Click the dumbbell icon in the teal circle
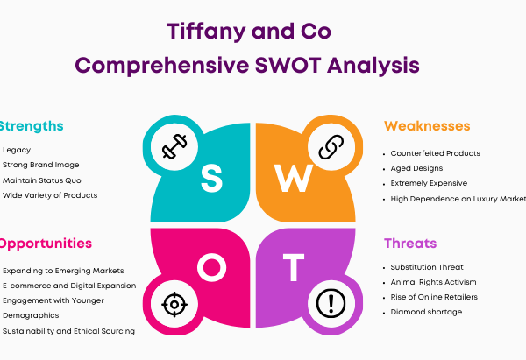174,146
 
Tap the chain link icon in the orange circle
331,147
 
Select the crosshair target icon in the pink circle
174,304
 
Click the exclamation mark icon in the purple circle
331,303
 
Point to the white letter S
211,179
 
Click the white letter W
294,179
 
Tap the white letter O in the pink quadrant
211,267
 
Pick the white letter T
294,267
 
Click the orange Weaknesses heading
427,126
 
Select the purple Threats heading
410,243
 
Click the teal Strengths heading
32,126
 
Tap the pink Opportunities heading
46,244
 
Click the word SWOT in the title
288,65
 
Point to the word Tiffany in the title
206,32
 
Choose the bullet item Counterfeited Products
435,153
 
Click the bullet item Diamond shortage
426,312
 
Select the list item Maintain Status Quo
42,180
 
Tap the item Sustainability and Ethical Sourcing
68,331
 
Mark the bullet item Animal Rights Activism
433,282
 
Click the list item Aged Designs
416,168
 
